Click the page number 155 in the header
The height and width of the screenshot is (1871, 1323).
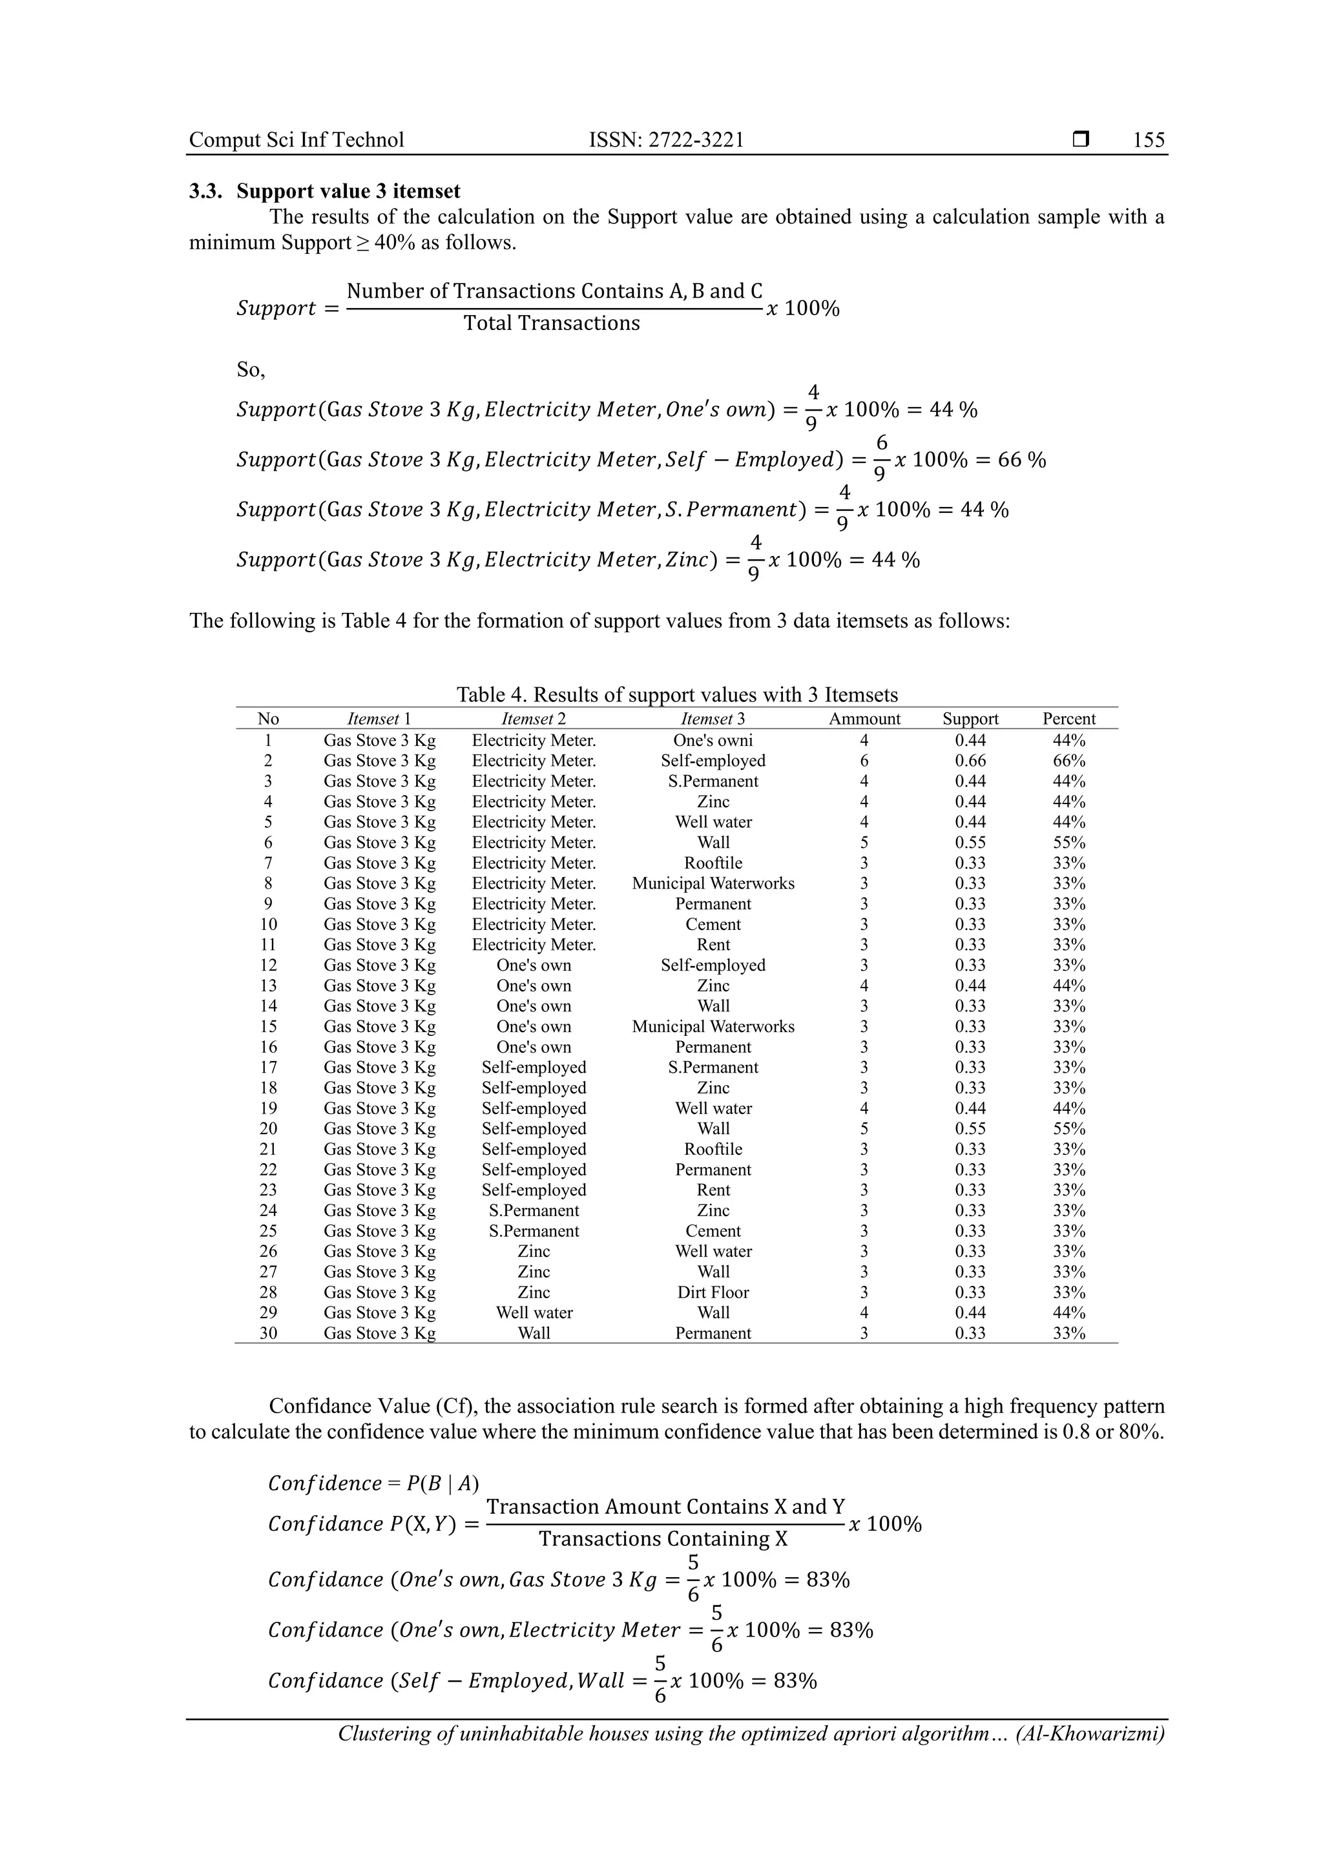(1149, 140)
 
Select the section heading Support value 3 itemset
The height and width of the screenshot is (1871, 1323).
(348, 192)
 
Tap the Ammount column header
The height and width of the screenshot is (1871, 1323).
(864, 719)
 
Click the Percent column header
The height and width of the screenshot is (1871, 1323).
(1068, 719)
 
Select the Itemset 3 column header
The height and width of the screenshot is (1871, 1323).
(713, 719)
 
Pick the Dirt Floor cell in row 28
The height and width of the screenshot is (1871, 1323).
(713, 1292)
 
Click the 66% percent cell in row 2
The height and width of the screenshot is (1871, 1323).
(1068, 760)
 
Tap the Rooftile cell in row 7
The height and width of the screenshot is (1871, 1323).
(713, 863)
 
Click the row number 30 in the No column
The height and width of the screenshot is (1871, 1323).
(268, 1333)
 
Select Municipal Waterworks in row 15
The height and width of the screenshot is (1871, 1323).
(713, 1027)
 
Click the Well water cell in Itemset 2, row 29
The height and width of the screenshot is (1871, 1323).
(534, 1313)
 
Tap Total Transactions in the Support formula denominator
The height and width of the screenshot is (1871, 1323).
(552, 324)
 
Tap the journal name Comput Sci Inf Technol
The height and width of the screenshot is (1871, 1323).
(297, 140)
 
